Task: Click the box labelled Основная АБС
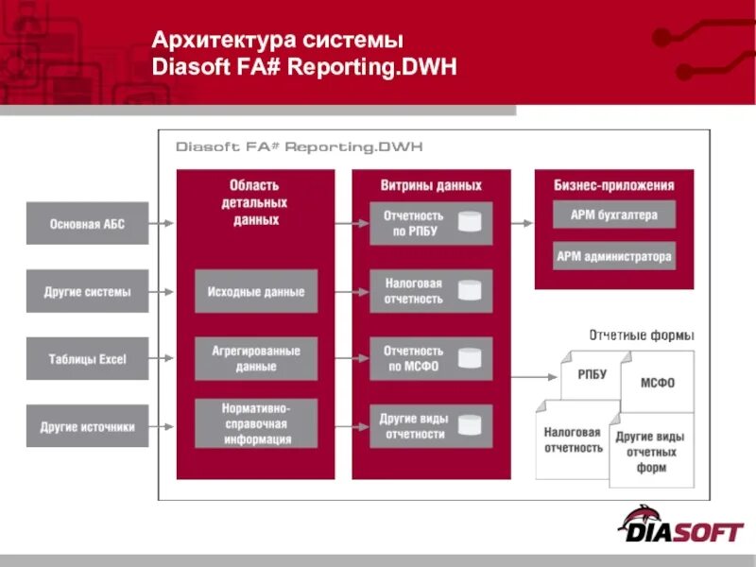[87, 224]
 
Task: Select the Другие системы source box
[87, 291]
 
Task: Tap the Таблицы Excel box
[87, 358]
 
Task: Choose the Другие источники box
[87, 426]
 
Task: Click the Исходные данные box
[256, 291]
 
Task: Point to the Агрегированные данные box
[256, 358]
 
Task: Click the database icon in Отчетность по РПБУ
[470, 223]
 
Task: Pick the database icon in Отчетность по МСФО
[470, 358]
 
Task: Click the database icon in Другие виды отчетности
[470, 426]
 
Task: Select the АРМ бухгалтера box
[614, 215]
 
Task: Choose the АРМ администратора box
[614, 256]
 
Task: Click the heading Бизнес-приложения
[614, 185]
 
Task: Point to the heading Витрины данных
[431, 185]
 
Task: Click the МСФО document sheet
[658, 382]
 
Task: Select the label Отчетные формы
[642, 335]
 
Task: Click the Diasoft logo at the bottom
[679, 525]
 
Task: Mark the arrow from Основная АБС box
[163, 224]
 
